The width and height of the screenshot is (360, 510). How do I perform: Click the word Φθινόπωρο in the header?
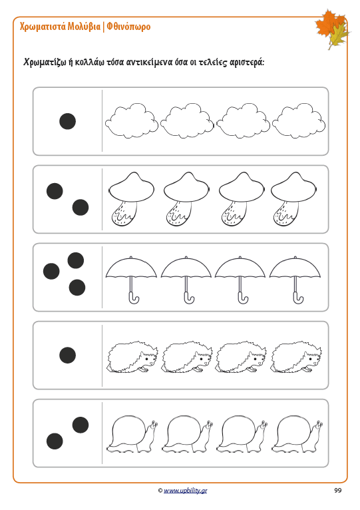tap(128, 27)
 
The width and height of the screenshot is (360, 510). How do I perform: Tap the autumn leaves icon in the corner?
tap(331, 29)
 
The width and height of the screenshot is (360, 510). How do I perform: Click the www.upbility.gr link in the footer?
tap(186, 491)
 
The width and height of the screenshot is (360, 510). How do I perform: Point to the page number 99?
tap(337, 490)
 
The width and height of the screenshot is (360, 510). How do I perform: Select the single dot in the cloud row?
tap(68, 121)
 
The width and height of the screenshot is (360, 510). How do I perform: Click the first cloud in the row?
tap(131, 121)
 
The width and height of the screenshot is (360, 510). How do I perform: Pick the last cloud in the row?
tap(299, 121)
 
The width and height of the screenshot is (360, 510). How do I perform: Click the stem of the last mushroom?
tap(285, 213)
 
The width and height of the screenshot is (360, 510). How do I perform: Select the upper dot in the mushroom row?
tap(55, 191)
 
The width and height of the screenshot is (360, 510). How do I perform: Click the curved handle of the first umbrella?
tap(133, 298)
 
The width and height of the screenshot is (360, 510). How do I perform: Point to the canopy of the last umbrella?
tap(295, 268)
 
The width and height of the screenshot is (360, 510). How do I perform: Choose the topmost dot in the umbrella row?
tap(76, 260)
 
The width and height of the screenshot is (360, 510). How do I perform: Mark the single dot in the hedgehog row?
tap(68, 355)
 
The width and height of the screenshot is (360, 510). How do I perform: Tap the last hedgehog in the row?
tap(296, 357)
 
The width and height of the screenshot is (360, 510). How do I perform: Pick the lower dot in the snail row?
tap(55, 441)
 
